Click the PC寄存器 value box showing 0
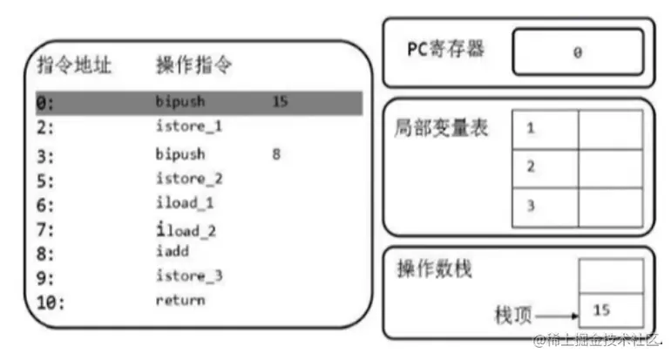[577, 52]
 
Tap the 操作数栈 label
[434, 269]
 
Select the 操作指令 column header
[193, 65]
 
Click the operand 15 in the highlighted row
[280, 102]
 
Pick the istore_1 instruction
[188, 127]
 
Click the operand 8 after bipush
[276, 155]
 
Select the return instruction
[180, 301]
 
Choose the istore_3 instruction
[188, 277]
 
